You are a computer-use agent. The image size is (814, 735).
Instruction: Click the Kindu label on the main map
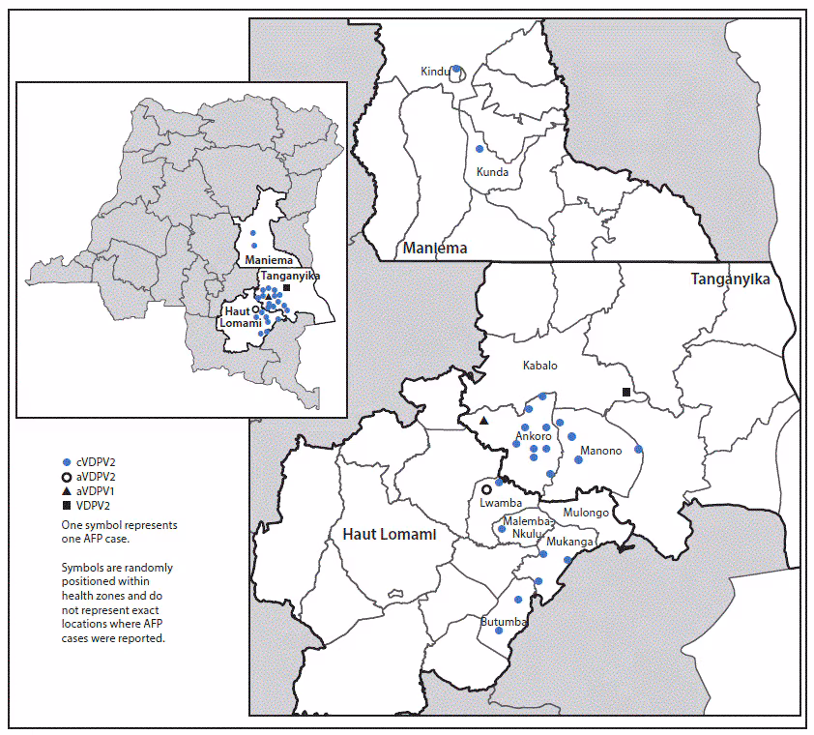click(x=435, y=72)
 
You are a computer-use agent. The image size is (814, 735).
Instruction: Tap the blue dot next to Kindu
click(x=456, y=69)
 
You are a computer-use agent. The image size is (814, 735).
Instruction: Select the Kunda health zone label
click(x=492, y=172)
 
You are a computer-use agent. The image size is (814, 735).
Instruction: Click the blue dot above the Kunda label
click(x=480, y=149)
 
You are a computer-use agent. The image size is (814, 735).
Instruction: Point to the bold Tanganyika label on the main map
click(x=730, y=279)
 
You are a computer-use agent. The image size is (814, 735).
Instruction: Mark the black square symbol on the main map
click(x=626, y=392)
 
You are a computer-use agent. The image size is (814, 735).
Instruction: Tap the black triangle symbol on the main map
click(x=484, y=421)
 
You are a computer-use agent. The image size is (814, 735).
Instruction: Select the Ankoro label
click(x=533, y=436)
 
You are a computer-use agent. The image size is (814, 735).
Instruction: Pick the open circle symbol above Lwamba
click(x=486, y=490)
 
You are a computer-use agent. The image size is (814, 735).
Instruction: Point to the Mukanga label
click(x=567, y=543)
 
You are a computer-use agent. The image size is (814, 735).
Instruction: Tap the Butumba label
click(x=503, y=621)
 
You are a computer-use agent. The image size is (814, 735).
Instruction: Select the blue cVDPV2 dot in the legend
click(x=67, y=462)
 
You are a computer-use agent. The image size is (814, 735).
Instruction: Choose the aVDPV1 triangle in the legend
click(x=67, y=491)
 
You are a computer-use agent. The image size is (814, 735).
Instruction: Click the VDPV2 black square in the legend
click(x=67, y=506)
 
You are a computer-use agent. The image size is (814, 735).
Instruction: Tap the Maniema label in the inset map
click(x=262, y=260)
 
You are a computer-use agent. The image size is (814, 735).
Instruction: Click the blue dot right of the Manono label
click(x=638, y=449)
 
